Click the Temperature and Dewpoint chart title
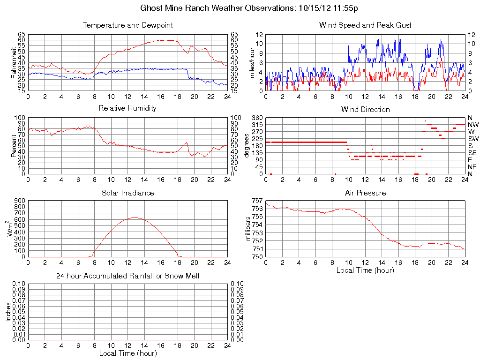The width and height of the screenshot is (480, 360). (127, 25)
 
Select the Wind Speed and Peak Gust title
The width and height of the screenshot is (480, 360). (365, 25)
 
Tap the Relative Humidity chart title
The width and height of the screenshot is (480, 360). (127, 108)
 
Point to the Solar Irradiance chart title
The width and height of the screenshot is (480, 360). (127, 193)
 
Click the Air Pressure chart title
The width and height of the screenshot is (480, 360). (365, 193)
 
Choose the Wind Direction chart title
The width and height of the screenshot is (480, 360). (365, 110)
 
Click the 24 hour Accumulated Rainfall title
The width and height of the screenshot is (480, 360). (127, 276)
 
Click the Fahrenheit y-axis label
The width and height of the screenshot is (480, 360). (14, 62)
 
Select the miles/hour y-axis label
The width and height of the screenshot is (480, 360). (252, 62)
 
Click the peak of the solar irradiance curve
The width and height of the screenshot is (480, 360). (135, 217)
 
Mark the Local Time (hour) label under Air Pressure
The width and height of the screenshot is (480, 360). (365, 270)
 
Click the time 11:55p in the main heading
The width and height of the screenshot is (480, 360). (345, 8)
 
